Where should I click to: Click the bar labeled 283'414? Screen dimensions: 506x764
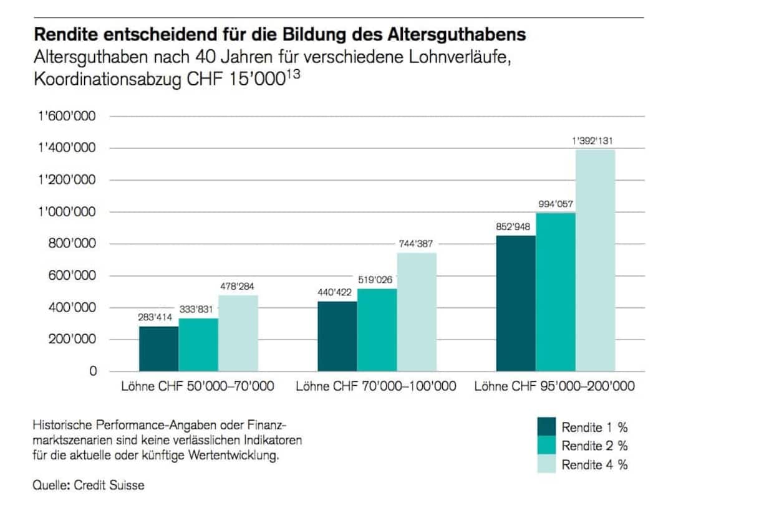click(x=158, y=348)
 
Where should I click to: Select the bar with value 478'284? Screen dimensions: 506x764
click(x=238, y=333)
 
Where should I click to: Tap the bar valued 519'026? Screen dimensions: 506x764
click(x=377, y=330)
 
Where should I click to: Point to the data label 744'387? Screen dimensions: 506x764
click(x=417, y=244)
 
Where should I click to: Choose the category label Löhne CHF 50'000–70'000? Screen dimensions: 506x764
click(x=198, y=387)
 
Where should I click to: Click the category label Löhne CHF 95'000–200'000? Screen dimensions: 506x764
click(x=554, y=387)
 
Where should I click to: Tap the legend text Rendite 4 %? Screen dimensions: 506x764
click(x=594, y=465)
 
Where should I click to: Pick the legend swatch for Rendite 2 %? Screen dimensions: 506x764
click(x=546, y=446)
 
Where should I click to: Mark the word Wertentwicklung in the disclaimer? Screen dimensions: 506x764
click(x=236, y=456)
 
